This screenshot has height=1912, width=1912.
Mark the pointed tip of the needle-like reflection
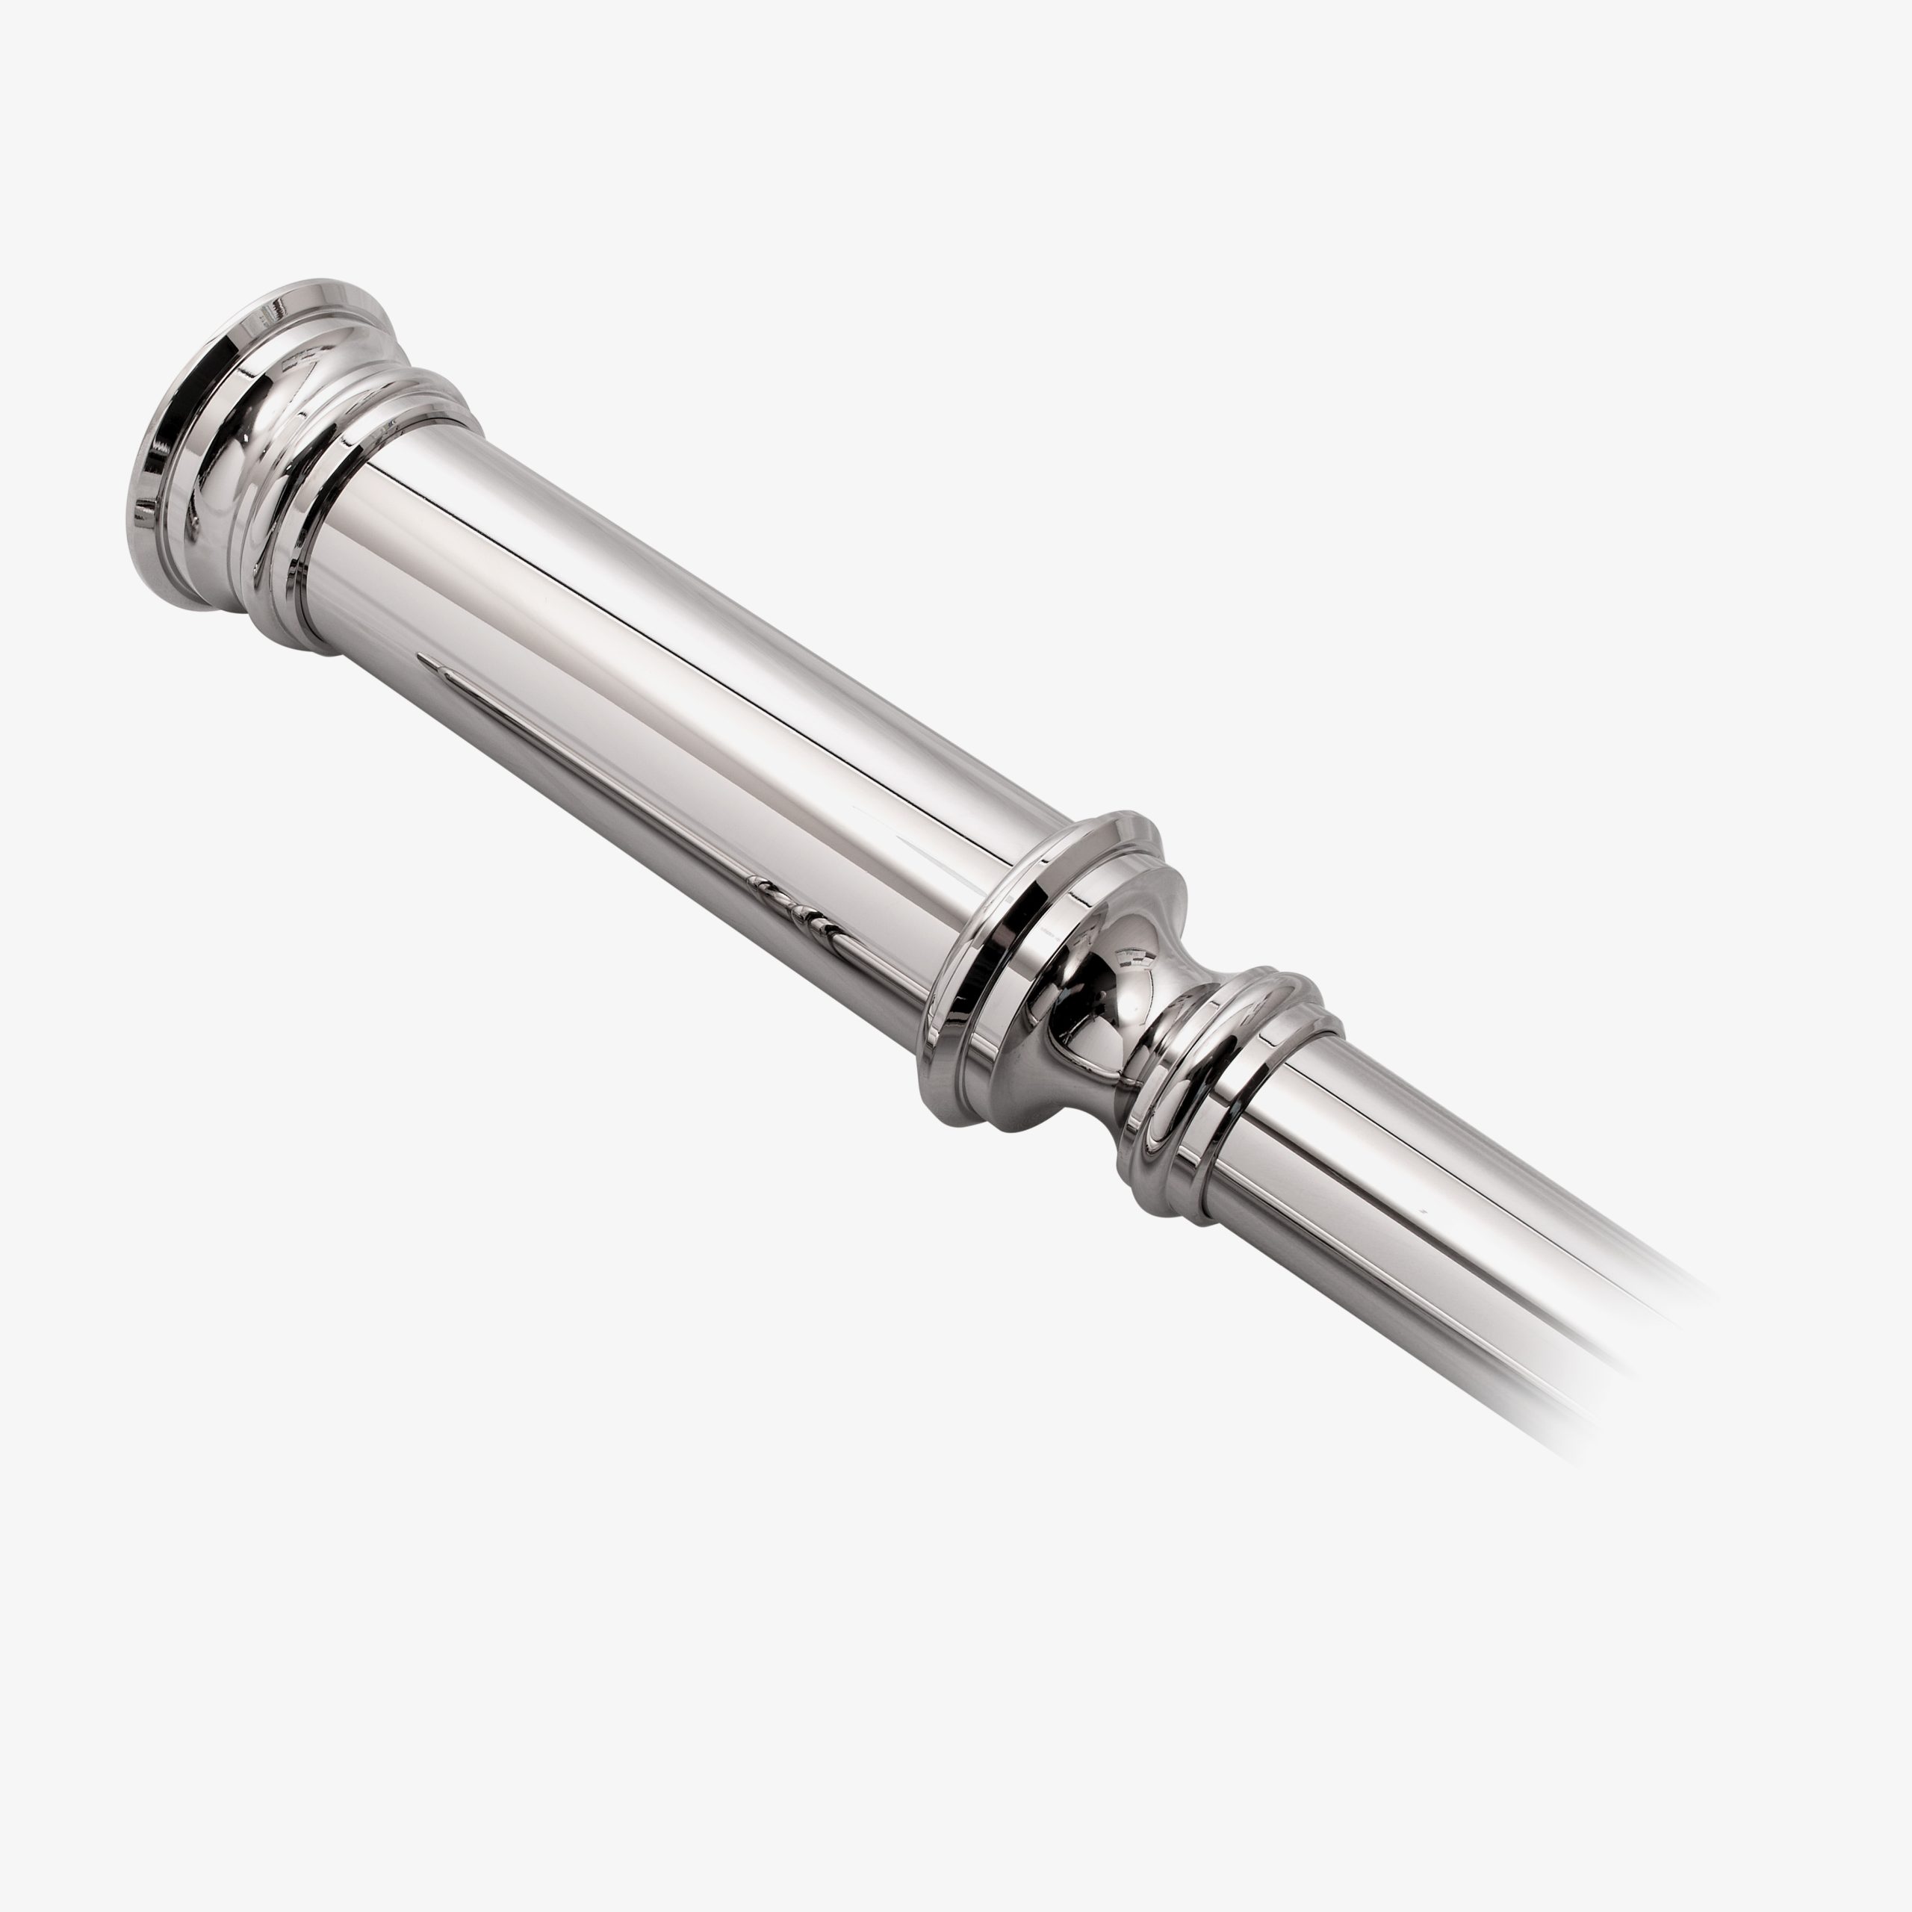point(421,657)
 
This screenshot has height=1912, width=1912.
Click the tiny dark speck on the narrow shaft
point(1422,1209)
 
